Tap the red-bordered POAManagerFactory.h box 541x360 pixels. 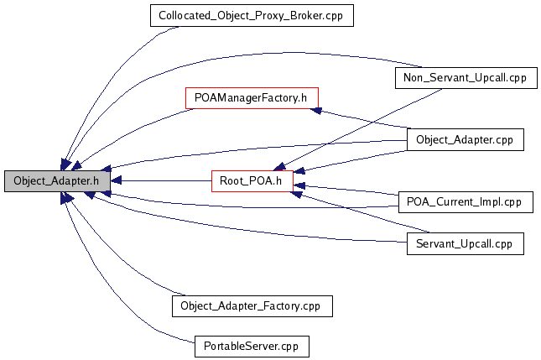pyautogui.click(x=252, y=98)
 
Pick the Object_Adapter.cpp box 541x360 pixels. pyautogui.click(x=465, y=139)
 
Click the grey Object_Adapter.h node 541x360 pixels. pyautogui.click(x=56, y=180)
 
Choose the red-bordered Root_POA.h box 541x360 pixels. pyautogui.click(x=251, y=180)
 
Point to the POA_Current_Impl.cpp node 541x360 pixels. pyautogui.click(x=465, y=201)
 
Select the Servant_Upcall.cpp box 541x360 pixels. pyautogui.click(x=465, y=243)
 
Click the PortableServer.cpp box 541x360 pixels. pyautogui.click(x=251, y=346)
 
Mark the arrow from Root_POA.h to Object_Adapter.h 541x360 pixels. pyautogui.click(x=159, y=180)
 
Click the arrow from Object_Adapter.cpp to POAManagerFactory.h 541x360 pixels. pyautogui.click(x=361, y=118)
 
